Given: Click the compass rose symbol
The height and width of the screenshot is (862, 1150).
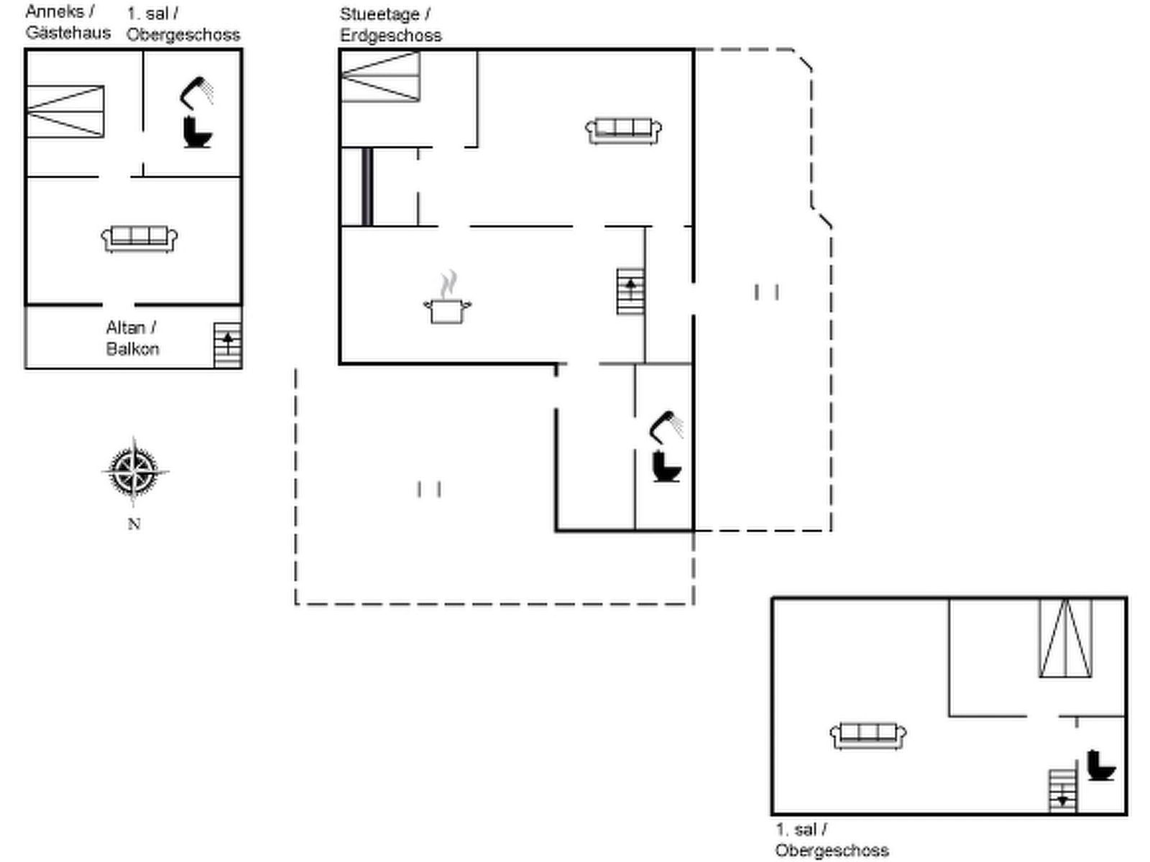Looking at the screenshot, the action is pos(134,471).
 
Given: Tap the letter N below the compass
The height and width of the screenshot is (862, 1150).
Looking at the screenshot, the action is pos(134,524).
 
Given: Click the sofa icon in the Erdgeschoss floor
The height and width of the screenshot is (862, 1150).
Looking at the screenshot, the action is pos(623,131).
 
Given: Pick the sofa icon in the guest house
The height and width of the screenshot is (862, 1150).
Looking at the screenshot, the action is pos(139,239).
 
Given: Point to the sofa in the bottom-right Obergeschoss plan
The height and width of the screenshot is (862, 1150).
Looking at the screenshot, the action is pos(868,736).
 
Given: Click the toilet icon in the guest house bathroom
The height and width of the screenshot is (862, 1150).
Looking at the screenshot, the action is pos(197,132).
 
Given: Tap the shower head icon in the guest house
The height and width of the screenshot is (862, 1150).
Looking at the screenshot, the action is pos(196,93).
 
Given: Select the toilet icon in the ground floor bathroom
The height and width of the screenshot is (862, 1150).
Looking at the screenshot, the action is pos(666,466).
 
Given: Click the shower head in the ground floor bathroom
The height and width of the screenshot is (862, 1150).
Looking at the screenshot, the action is pos(666,427).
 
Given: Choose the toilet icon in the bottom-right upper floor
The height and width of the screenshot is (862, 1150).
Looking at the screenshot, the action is pos(1100,765).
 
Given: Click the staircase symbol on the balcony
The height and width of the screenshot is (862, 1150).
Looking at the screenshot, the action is pos(228,346).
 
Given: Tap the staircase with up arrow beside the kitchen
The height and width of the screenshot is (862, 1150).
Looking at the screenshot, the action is pos(631,292).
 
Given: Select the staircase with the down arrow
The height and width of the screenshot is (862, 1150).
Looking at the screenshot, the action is pos(1062,792).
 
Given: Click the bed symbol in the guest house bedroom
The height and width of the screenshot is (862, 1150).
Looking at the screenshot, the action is pos(65,111).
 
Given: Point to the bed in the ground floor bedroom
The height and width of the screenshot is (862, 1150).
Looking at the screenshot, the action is pos(380,76).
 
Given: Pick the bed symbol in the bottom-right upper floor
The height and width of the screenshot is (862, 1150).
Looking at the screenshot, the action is pos(1066,638).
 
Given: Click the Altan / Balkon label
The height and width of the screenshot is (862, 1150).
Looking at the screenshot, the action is pos(132,338).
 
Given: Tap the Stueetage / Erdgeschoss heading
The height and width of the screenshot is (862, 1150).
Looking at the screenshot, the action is pos(391,24).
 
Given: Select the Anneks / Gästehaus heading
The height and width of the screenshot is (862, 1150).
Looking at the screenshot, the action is pos(68,22).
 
